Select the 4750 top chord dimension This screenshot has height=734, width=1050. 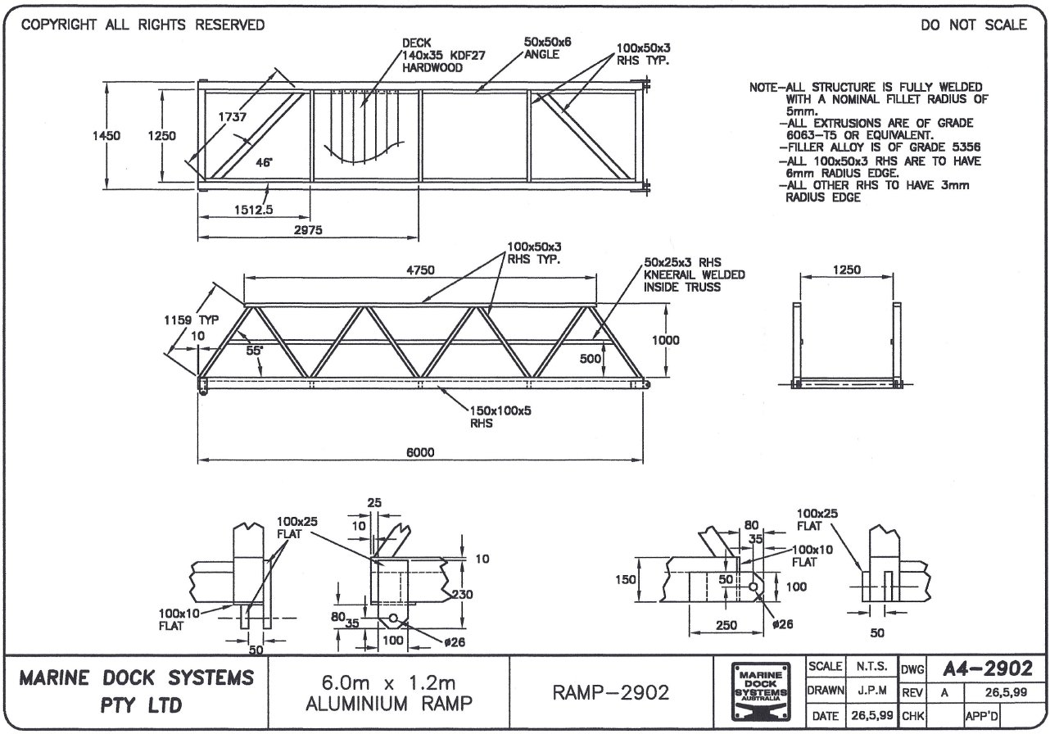[x=421, y=270]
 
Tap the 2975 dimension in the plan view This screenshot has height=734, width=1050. [x=309, y=231]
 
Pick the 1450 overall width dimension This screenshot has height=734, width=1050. [x=106, y=136]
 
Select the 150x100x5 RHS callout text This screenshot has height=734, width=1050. [x=500, y=418]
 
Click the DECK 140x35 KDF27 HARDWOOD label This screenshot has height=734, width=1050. [x=432, y=56]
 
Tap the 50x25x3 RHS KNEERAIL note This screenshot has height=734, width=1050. [x=694, y=274]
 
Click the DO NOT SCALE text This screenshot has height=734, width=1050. [x=973, y=25]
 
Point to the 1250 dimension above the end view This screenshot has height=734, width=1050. [x=846, y=270]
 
